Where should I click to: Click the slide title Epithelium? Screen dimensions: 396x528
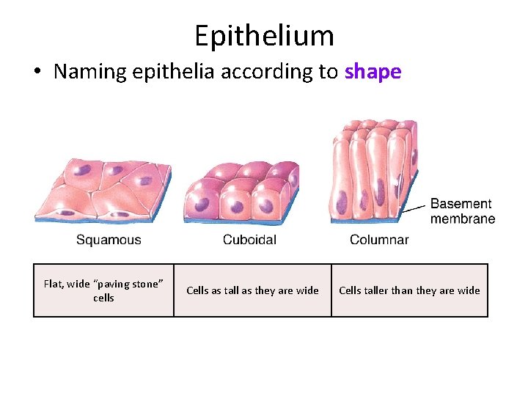[264, 35]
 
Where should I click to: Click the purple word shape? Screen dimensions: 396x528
[373, 72]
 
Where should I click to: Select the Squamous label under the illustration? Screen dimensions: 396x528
[109, 240]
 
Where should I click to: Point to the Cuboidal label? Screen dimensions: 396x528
[249, 240]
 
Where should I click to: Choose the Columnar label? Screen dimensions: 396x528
[379, 240]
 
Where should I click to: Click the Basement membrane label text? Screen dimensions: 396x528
[462, 211]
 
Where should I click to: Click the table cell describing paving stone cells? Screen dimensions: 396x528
[103, 290]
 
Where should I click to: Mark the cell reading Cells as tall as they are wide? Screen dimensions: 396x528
[252, 290]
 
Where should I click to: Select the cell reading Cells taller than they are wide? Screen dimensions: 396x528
[409, 290]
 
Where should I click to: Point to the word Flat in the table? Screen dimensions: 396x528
[54, 284]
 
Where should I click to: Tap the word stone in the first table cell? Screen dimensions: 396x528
[144, 284]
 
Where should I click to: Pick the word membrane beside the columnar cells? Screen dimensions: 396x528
[462, 219]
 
